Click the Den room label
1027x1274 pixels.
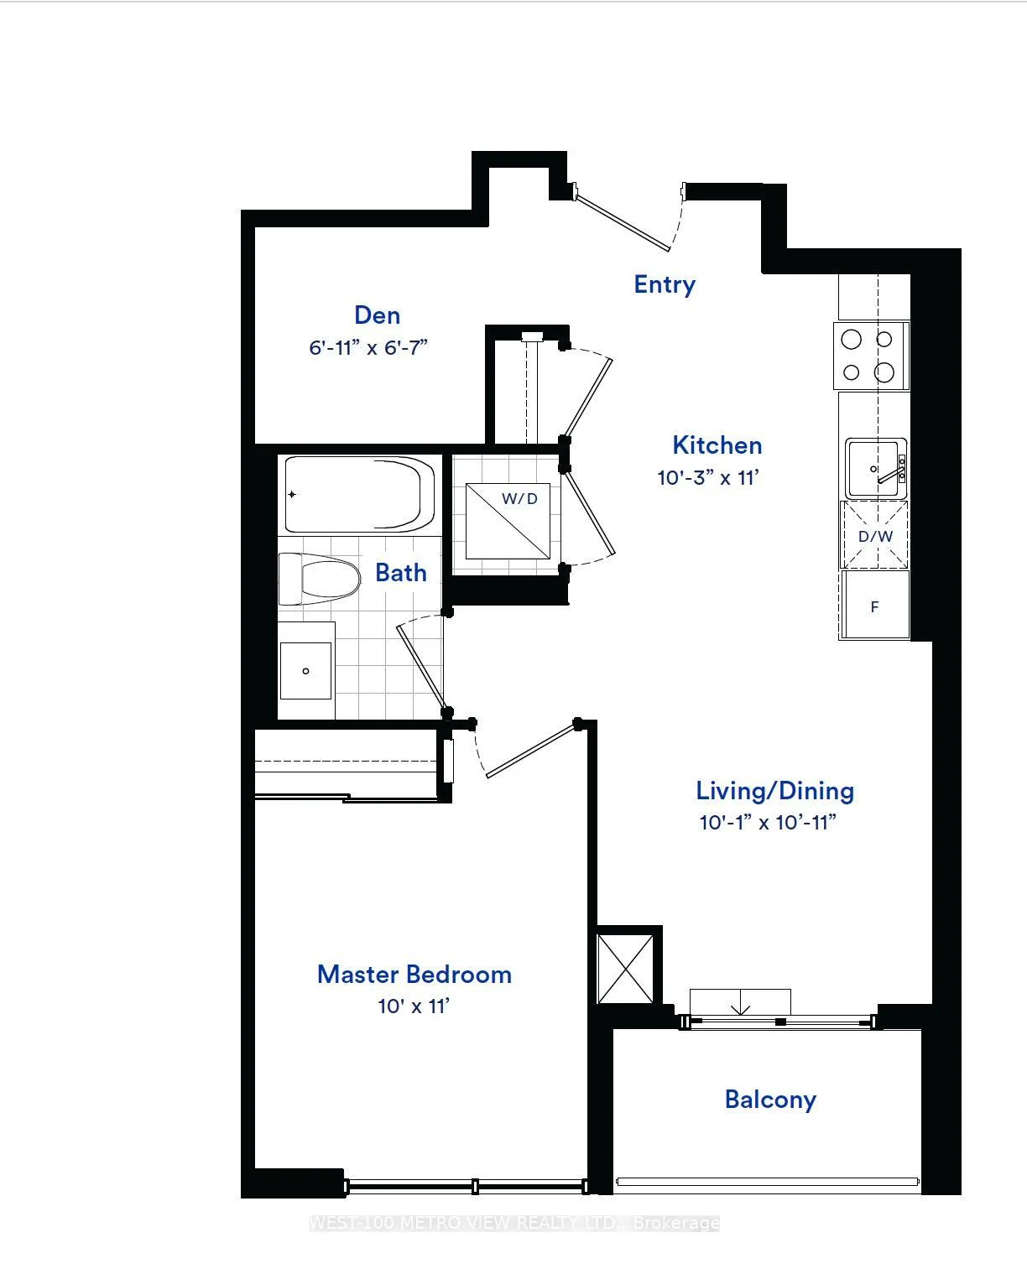377,315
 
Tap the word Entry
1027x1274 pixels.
665,285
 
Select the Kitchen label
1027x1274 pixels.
717,445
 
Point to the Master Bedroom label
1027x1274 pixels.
414,975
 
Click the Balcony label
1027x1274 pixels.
770,1100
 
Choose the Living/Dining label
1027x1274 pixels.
774,791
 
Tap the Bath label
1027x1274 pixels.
401,573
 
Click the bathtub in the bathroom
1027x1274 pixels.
359,494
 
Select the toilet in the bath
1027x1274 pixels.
319,579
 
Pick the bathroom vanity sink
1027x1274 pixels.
305,671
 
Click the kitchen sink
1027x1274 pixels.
875,468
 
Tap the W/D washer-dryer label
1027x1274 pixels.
519,498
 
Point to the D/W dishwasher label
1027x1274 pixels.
875,537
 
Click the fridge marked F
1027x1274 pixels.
875,605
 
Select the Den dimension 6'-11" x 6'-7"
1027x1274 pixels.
368,347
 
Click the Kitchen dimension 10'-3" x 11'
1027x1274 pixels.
708,478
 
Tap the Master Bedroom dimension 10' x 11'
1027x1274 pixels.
414,1006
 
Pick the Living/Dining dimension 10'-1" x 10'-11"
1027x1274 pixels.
768,822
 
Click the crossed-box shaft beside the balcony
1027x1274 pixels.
625,969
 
